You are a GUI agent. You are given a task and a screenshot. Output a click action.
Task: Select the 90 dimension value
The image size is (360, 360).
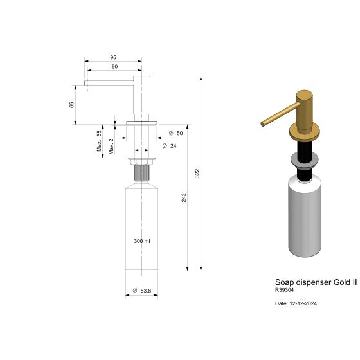114,66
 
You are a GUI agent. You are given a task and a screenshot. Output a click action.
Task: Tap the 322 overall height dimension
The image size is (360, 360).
198,174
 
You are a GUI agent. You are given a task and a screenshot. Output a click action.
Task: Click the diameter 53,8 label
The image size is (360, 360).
141,291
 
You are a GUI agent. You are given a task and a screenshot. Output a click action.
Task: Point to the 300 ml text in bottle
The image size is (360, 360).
141,241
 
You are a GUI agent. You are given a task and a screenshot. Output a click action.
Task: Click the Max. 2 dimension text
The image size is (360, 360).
111,146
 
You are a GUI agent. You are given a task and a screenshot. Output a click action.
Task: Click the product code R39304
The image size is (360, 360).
285,291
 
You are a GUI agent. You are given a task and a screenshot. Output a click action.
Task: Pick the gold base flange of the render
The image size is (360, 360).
307,134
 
